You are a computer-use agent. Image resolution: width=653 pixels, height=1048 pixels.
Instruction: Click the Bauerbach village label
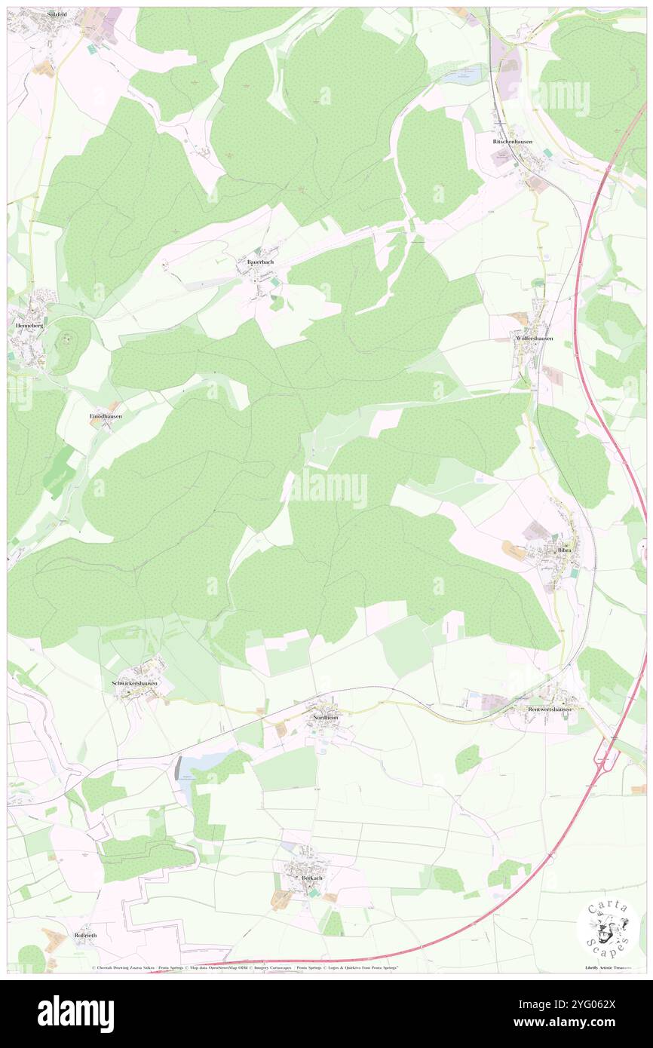[256, 262]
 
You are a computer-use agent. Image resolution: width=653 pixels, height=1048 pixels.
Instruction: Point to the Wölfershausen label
[534, 339]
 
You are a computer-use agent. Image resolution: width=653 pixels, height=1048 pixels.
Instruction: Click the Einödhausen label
[106, 416]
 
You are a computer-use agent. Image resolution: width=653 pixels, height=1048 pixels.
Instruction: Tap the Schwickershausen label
[135, 684]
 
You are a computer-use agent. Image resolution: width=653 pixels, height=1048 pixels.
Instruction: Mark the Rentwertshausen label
[550, 709]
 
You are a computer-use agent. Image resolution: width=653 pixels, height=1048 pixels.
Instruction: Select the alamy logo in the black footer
[75, 1013]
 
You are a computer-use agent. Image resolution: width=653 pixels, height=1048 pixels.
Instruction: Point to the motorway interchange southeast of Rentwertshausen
[607, 754]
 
